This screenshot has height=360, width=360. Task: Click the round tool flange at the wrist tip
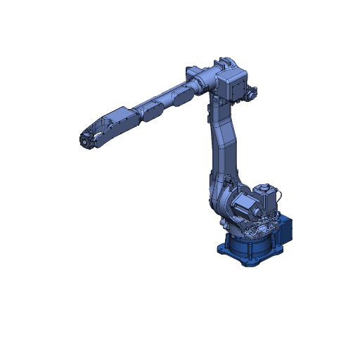[84, 141]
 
